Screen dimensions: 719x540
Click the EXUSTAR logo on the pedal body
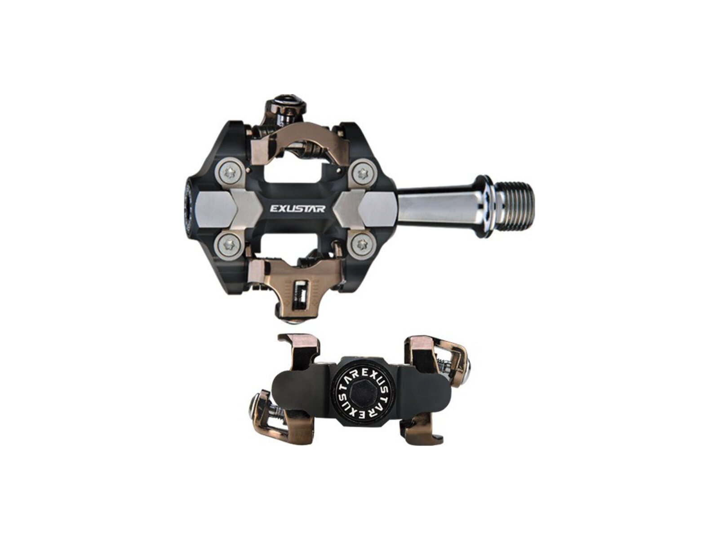(x=297, y=208)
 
